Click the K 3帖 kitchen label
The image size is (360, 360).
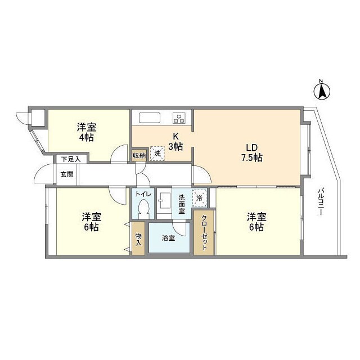coord(176,141)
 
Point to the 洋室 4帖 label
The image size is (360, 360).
coord(87,132)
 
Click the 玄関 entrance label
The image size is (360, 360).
coord(66,174)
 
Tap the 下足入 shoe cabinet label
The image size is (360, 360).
coord(71,159)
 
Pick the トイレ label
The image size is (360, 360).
coord(142,194)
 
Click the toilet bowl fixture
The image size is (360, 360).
coord(143,210)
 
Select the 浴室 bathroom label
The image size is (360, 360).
coord(168,238)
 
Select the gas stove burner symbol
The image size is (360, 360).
coord(179,118)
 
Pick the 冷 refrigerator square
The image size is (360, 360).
coord(199,197)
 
